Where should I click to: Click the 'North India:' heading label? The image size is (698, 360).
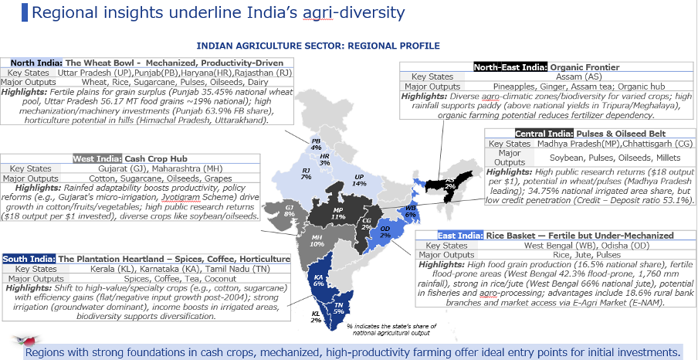(33, 63)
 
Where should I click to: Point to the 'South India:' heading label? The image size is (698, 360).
(30, 259)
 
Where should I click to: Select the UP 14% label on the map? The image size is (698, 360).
(358, 180)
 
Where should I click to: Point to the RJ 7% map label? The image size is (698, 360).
(306, 173)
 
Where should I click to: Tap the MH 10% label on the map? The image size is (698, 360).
(317, 240)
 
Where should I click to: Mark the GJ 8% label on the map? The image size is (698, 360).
(289, 209)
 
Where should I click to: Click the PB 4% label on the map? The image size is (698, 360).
(316, 144)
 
